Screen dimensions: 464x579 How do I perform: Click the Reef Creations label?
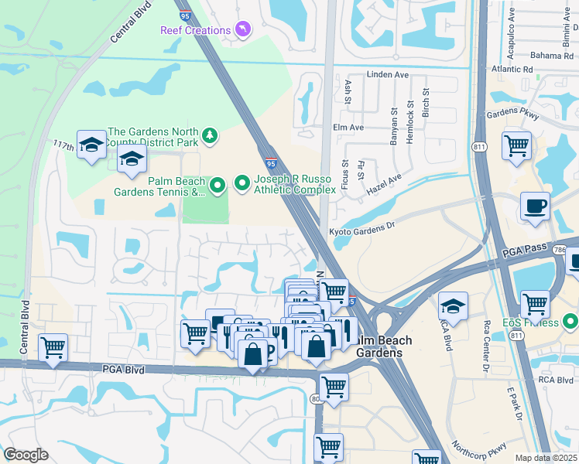click(x=196, y=30)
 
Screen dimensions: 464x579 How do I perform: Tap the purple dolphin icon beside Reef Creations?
click(x=244, y=30)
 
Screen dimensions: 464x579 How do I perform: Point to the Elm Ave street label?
click(x=348, y=127)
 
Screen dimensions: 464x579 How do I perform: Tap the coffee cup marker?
click(x=535, y=206)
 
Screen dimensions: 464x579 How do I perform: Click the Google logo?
click(x=26, y=454)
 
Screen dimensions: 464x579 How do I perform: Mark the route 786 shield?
click(x=559, y=250)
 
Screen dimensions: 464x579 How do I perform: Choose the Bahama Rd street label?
click(x=552, y=55)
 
